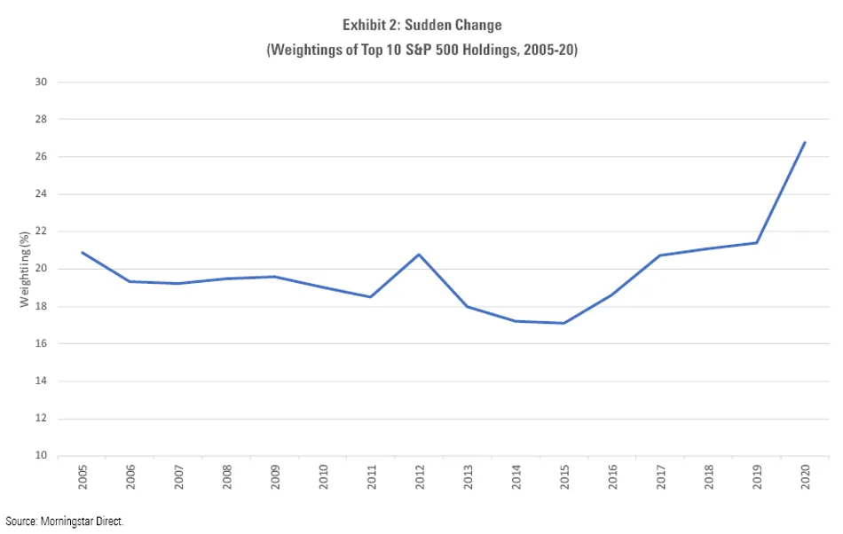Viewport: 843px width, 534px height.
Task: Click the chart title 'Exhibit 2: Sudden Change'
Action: click(x=421, y=26)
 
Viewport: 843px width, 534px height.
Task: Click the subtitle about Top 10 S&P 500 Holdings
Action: click(x=421, y=51)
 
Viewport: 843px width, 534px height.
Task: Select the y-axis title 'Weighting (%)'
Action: click(x=25, y=269)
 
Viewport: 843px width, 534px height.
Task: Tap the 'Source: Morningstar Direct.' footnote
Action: click(x=64, y=521)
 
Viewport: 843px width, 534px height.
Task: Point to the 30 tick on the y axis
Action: click(x=40, y=82)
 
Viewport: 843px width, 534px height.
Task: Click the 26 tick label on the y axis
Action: click(x=40, y=157)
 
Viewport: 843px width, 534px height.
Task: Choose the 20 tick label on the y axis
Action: click(x=40, y=269)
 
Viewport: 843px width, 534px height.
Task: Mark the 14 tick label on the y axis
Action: click(x=40, y=381)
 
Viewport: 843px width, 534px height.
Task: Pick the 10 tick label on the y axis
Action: click(x=40, y=456)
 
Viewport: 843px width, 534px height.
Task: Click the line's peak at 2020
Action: click(x=804, y=142)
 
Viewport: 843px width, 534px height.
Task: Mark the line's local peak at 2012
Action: click(x=419, y=255)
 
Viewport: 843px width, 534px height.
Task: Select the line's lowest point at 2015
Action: click(x=563, y=323)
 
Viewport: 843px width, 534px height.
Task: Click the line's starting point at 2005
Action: click(x=82, y=252)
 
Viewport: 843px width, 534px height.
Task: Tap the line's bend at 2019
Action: click(x=756, y=243)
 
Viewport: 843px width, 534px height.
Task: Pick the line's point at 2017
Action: click(x=660, y=255)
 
